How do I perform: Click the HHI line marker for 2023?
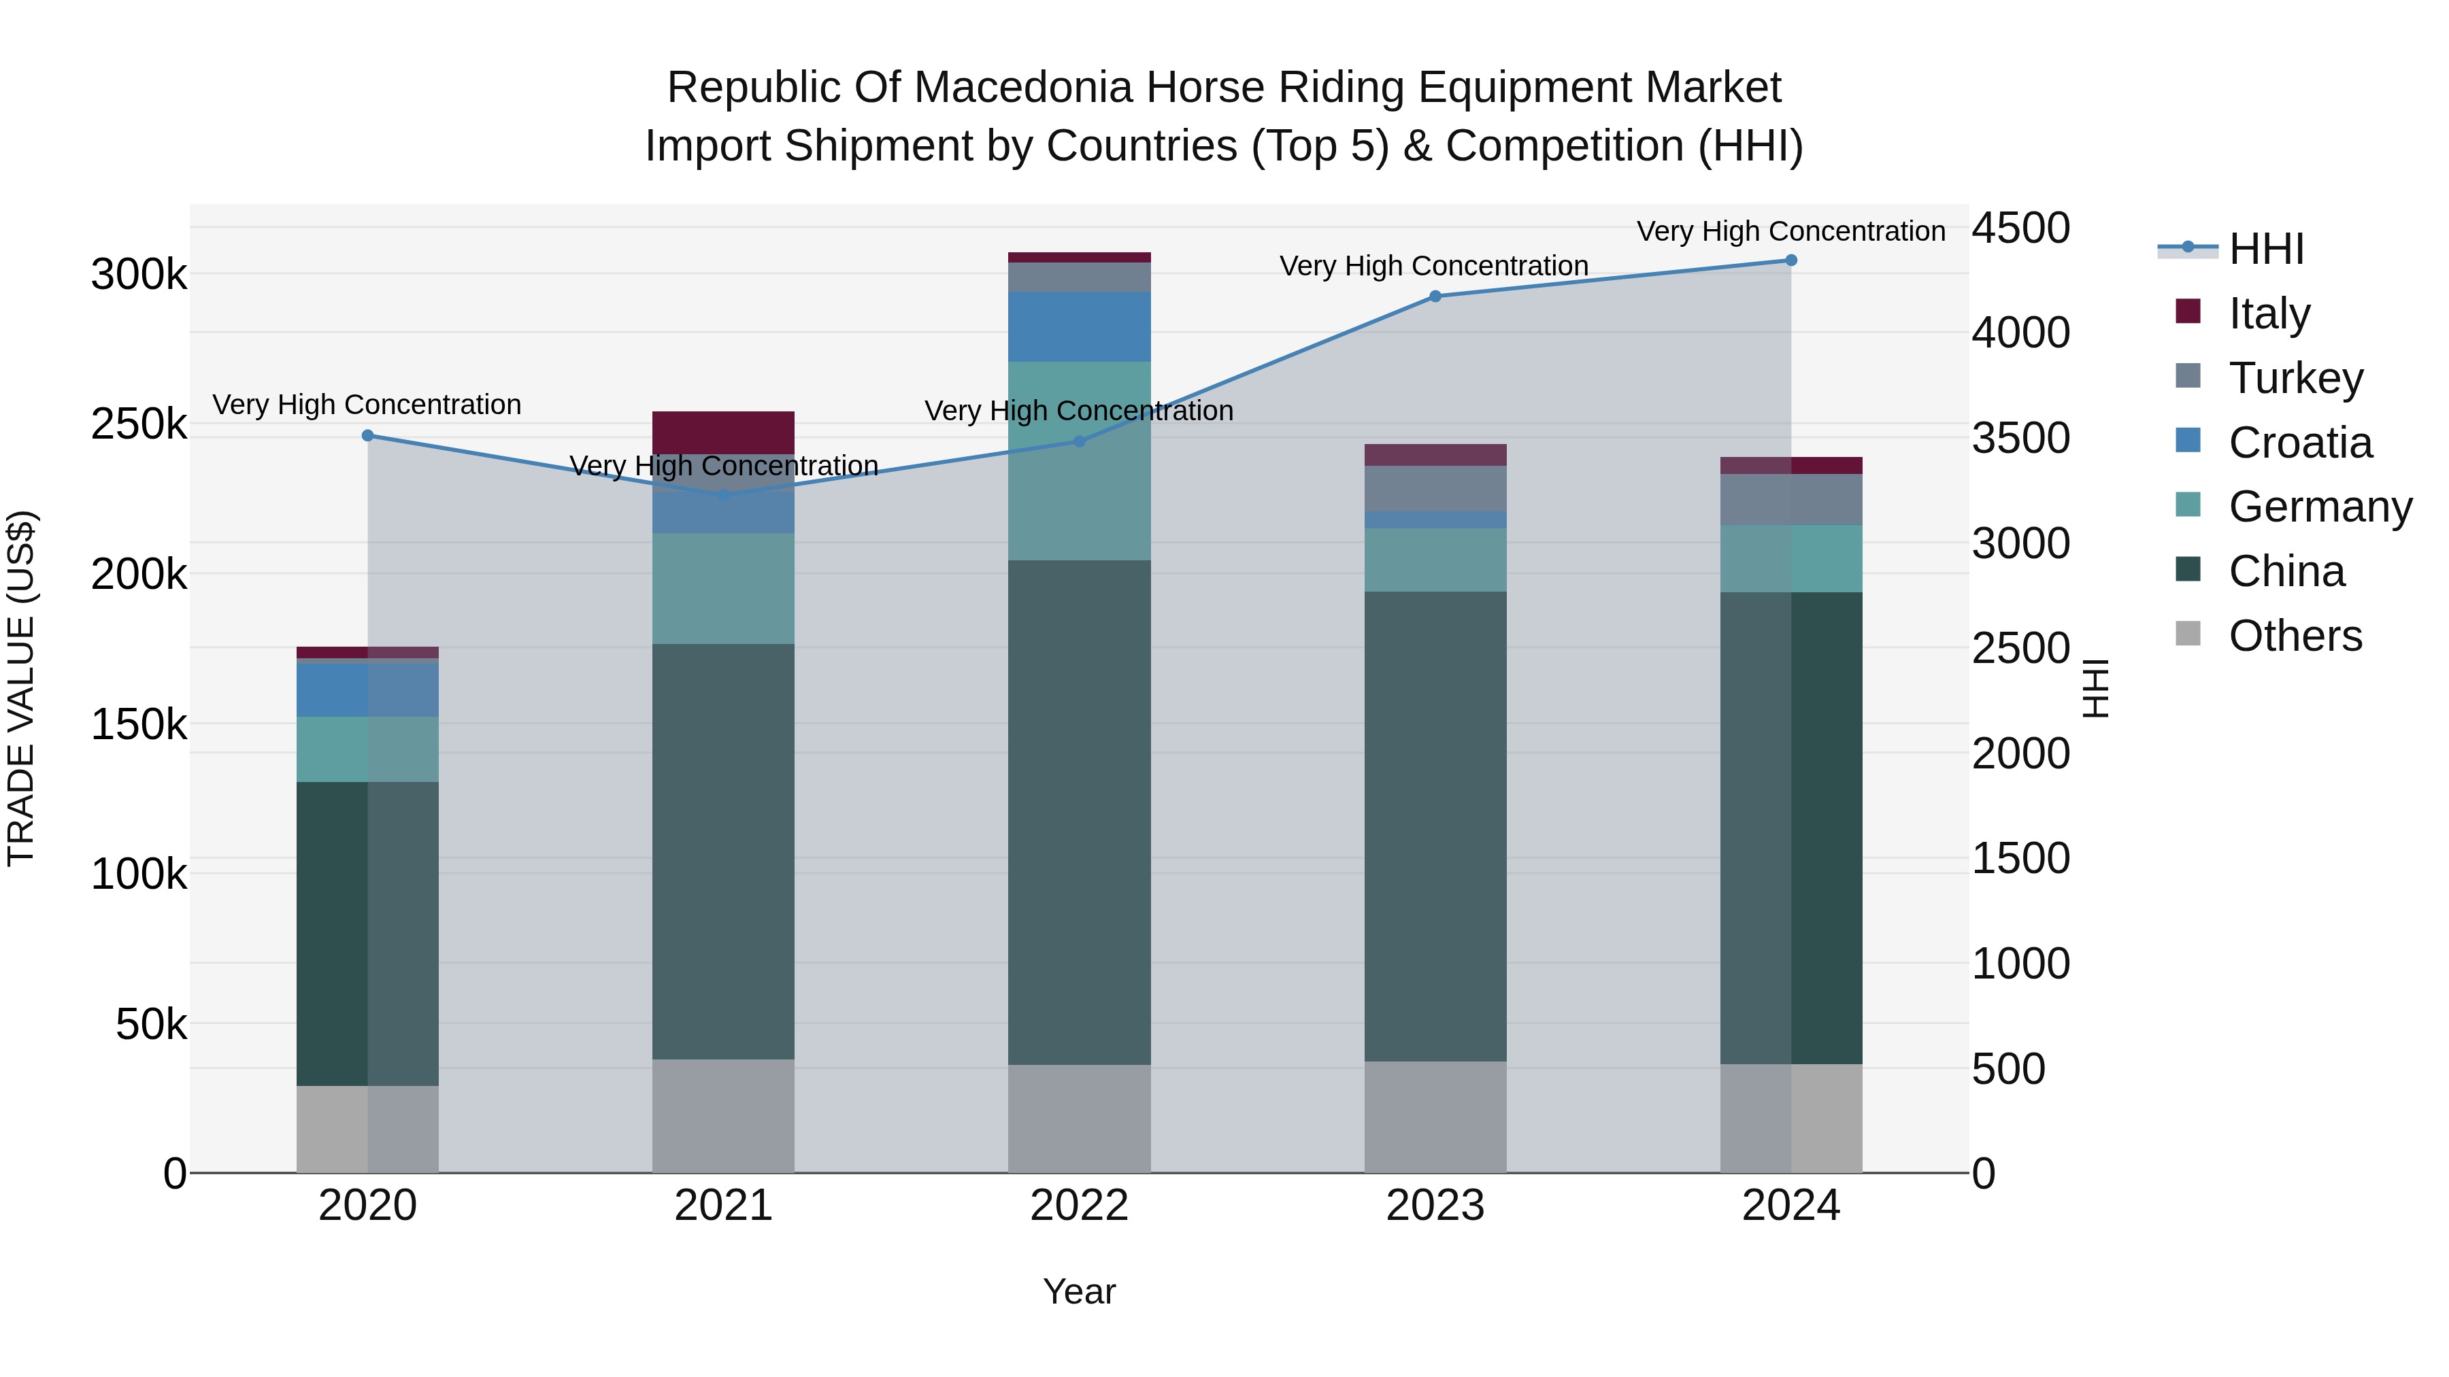click(x=1435, y=296)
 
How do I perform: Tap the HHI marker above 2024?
click(x=1791, y=260)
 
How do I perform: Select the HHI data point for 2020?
click(x=368, y=436)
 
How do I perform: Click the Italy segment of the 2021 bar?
click(x=724, y=432)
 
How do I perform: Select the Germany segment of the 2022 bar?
click(x=1079, y=461)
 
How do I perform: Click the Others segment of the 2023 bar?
click(x=1435, y=1117)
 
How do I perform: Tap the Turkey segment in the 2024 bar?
click(x=1791, y=500)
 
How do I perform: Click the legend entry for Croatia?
click(x=2301, y=443)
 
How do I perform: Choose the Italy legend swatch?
click(x=2188, y=311)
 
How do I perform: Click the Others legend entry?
click(x=2295, y=636)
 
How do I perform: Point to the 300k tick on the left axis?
click(x=139, y=275)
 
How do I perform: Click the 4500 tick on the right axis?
click(x=2020, y=229)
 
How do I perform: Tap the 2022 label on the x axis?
click(x=1079, y=1206)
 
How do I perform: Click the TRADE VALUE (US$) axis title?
click(x=21, y=689)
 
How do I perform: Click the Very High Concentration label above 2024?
click(x=1791, y=231)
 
